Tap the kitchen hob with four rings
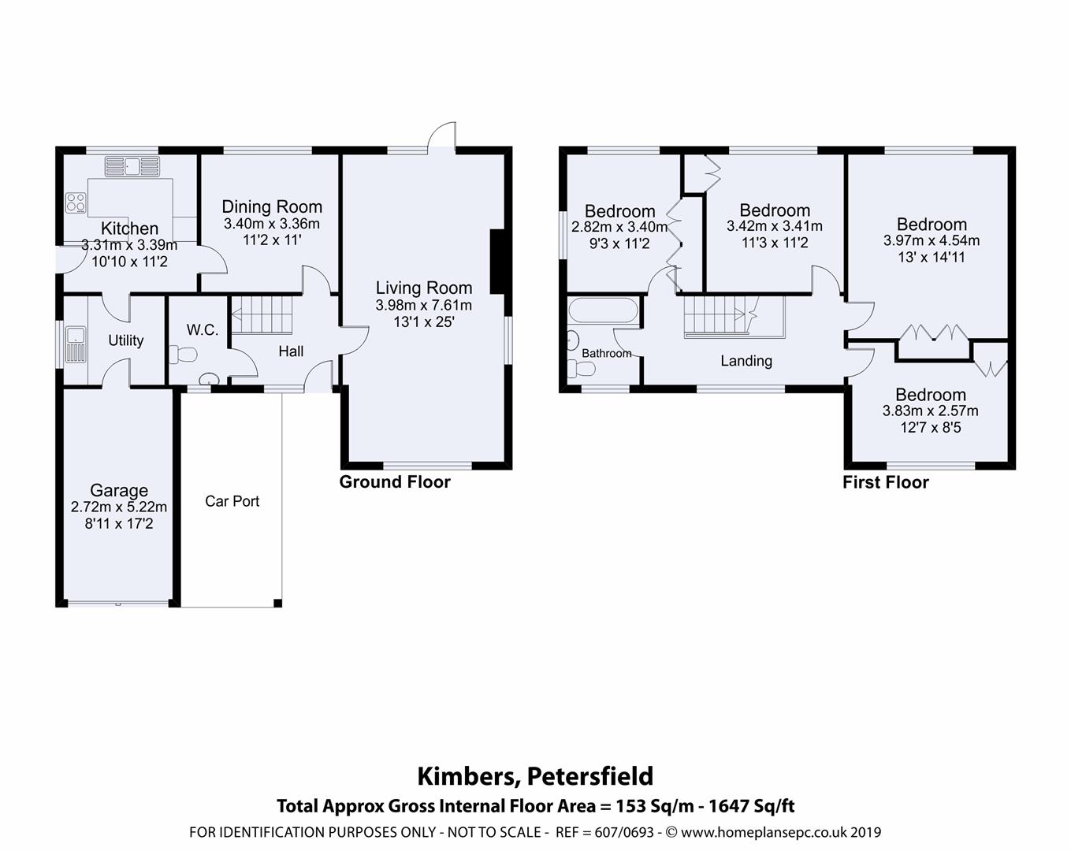[76, 203]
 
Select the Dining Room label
[272, 206]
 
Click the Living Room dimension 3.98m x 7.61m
[424, 305]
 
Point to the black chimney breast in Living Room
[498, 262]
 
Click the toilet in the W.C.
[182, 355]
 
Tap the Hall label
[291, 351]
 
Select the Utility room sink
[76, 344]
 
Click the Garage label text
[118, 490]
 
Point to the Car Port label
[232, 501]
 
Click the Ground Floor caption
[395, 482]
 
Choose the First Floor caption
[886, 482]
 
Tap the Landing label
[746, 361]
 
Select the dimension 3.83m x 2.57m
[930, 411]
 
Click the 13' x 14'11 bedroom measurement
[931, 257]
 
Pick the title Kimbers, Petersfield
[535, 776]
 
